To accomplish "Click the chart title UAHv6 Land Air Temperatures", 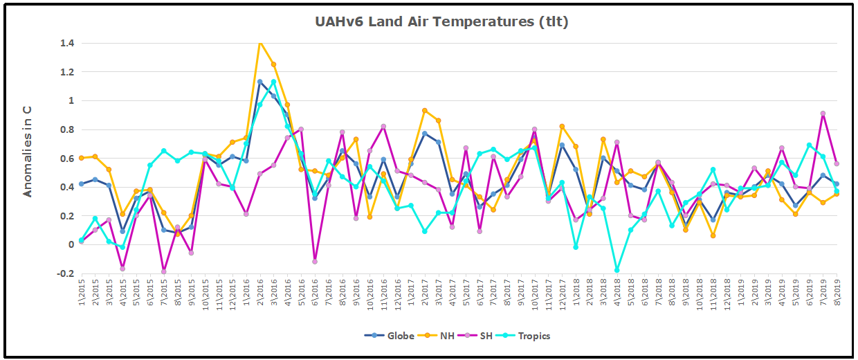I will click(x=441, y=21).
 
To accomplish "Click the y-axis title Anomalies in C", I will click(x=28, y=151).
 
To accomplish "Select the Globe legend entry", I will click(x=390, y=336).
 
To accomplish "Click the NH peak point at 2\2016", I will click(x=260, y=42).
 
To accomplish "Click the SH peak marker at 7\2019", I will click(x=823, y=114).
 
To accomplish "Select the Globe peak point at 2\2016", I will click(x=260, y=82).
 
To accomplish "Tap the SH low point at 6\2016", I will click(x=315, y=262).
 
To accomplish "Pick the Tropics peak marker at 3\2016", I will click(x=274, y=82).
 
